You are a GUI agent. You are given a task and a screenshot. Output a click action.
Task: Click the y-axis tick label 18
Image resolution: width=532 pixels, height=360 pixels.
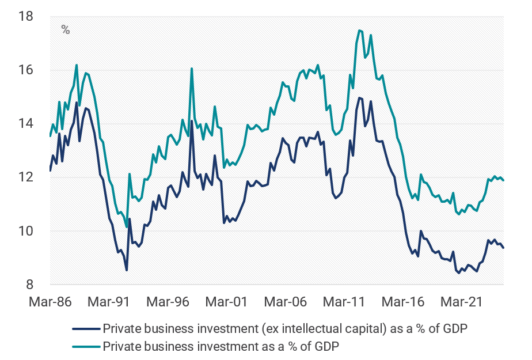pos(26,17)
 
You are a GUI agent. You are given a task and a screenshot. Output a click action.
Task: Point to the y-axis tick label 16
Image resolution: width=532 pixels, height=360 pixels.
pos(26,70)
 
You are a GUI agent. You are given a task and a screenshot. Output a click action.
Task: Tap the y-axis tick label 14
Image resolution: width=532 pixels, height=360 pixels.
pos(26,124)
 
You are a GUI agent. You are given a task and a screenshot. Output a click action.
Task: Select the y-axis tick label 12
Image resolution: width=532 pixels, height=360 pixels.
pos(26,177)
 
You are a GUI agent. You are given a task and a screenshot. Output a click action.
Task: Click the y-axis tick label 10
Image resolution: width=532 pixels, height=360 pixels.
pos(26,231)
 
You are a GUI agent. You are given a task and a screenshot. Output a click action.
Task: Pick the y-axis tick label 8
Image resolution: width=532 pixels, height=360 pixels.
pos(29,285)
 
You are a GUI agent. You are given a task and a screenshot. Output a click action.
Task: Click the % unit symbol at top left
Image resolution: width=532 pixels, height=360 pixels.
pos(66,30)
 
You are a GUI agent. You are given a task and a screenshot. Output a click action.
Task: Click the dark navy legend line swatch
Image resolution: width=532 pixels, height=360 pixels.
pos(85,329)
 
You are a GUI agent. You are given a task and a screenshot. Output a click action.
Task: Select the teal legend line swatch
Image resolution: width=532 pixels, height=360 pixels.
pos(85,346)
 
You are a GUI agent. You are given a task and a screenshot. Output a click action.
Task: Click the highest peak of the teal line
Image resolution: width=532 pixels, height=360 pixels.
pos(359,30)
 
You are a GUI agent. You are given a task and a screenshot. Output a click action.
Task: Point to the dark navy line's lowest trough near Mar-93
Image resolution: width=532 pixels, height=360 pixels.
pos(126,270)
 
